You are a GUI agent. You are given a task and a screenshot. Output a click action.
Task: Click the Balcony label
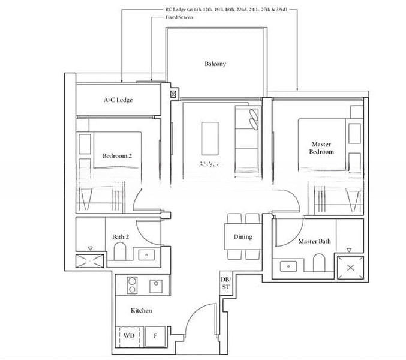tap(215, 64)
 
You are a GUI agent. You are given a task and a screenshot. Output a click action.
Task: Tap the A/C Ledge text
tap(118, 100)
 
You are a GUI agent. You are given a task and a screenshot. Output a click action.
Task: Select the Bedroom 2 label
tap(117, 156)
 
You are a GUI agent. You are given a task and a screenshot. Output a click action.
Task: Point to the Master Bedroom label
tap(321, 148)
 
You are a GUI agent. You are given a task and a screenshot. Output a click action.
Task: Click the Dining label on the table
tap(243, 237)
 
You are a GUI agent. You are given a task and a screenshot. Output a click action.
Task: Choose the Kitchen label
tap(142, 310)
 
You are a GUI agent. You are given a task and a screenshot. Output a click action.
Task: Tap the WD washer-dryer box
tap(129, 336)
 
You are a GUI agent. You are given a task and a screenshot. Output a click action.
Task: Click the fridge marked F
tap(154, 336)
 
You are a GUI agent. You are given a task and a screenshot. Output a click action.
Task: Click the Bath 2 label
tap(121, 237)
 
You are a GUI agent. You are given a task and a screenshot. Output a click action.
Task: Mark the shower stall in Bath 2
tap(89, 260)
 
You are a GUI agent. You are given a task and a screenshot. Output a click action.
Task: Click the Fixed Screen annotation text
tap(179, 17)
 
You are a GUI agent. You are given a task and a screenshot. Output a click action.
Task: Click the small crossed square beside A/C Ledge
tap(173, 94)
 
